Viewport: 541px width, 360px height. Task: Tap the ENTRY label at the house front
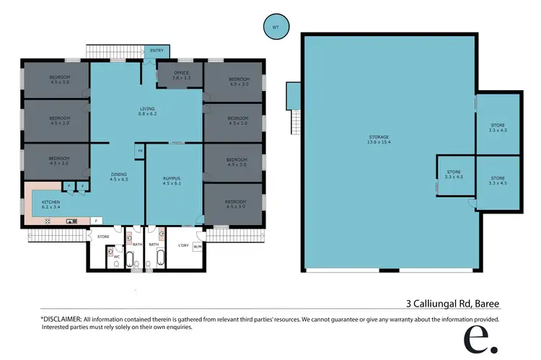[x=157, y=51]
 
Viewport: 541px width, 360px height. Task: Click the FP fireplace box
[x=139, y=151]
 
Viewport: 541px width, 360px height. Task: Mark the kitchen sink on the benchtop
[x=72, y=221]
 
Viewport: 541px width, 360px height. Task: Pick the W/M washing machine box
[x=198, y=247]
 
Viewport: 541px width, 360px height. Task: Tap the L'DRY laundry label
[x=184, y=245]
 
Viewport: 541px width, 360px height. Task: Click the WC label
[x=116, y=255]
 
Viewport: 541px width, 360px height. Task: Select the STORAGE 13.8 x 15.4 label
[x=377, y=139]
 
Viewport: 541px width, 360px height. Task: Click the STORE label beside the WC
[x=102, y=235]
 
